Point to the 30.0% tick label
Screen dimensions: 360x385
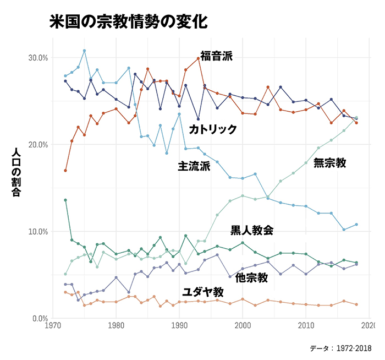(37, 58)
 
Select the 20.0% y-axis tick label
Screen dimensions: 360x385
(37, 145)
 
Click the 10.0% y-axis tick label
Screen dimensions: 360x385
(37, 232)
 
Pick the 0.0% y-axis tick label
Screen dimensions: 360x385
(39, 319)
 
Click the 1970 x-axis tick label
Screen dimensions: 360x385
(53, 326)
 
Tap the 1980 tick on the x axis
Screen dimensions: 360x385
(116, 326)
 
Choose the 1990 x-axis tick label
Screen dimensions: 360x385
(179, 326)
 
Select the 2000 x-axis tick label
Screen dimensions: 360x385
(243, 326)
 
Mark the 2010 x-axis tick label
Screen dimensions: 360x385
(306, 326)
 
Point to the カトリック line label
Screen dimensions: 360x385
(213, 129)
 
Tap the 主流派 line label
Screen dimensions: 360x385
(194, 166)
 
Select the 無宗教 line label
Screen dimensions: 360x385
(329, 163)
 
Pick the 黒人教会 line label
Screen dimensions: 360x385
(252, 230)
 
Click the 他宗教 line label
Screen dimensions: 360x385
(251, 278)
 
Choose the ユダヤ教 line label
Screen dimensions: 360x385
(203, 292)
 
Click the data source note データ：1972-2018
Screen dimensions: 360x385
(340, 348)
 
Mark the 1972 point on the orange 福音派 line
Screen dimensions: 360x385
(65, 171)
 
